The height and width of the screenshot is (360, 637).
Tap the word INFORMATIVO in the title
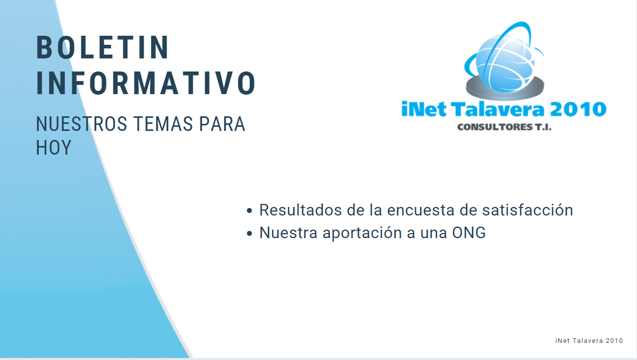[146, 83]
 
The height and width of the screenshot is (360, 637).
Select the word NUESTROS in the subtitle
[82, 124]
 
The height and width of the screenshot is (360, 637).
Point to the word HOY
[53, 148]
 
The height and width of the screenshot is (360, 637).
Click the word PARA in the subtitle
[222, 124]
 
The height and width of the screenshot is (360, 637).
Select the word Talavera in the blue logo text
[498, 109]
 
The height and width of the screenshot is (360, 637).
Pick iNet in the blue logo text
[423, 109]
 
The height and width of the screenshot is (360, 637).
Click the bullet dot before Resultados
[249, 210]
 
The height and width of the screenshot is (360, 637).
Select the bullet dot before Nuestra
[249, 234]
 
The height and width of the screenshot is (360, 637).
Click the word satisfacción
[528, 210]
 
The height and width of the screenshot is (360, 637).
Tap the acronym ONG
[469, 233]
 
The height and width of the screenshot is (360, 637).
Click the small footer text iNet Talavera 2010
[589, 341]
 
